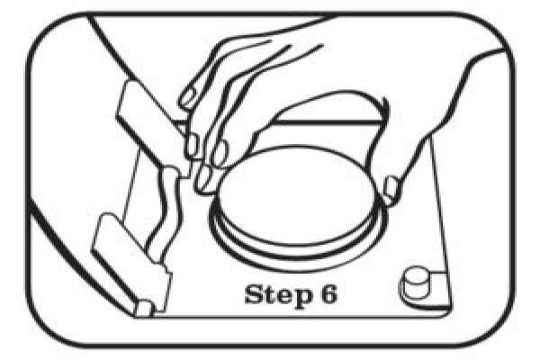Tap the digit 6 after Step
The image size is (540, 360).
point(327,294)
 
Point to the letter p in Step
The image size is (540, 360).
point(301,298)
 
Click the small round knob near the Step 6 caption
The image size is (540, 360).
point(415,283)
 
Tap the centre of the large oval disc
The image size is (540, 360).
point(297,197)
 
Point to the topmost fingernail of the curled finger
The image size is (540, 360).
point(189,96)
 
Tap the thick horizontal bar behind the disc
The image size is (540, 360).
point(328,122)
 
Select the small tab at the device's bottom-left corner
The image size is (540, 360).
point(144,309)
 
